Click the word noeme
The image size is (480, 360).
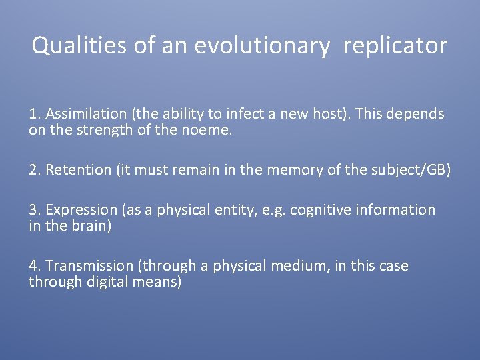point(211,131)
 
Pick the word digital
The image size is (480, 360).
point(107,282)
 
